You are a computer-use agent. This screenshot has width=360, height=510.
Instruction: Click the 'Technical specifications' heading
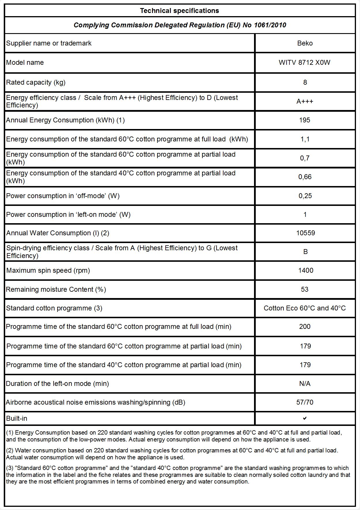(x=179, y=11)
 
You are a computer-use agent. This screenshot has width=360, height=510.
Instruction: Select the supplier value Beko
(x=305, y=43)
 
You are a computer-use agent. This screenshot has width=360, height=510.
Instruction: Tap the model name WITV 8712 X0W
(x=304, y=62)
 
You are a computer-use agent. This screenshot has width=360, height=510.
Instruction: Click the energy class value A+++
(x=305, y=101)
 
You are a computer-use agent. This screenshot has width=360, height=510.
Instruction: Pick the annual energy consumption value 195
(x=305, y=120)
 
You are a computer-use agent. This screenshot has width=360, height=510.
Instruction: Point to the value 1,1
(x=305, y=139)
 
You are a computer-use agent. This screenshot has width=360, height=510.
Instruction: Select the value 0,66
(x=305, y=177)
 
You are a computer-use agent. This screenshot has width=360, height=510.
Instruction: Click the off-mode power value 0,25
(x=305, y=196)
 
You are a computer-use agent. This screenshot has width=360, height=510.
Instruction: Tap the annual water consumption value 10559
(x=306, y=233)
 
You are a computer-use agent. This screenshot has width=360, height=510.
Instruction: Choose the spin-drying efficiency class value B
(x=305, y=252)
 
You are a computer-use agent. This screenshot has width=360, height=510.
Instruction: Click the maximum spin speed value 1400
(x=306, y=270)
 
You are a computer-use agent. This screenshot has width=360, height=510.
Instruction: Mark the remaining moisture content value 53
(x=305, y=289)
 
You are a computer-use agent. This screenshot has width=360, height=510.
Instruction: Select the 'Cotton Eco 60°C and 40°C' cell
(x=305, y=308)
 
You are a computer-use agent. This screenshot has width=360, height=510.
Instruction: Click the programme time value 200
(x=305, y=327)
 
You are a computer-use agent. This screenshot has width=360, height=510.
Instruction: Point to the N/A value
(x=305, y=384)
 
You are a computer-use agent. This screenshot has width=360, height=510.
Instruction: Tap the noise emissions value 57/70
(x=305, y=402)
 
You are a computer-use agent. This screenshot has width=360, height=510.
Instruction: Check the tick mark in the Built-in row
(x=305, y=418)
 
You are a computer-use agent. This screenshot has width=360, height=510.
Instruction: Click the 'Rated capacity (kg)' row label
(x=36, y=82)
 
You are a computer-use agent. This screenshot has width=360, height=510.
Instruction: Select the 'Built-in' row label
(x=17, y=418)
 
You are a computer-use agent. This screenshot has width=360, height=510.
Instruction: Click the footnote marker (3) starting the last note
(x=10, y=468)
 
